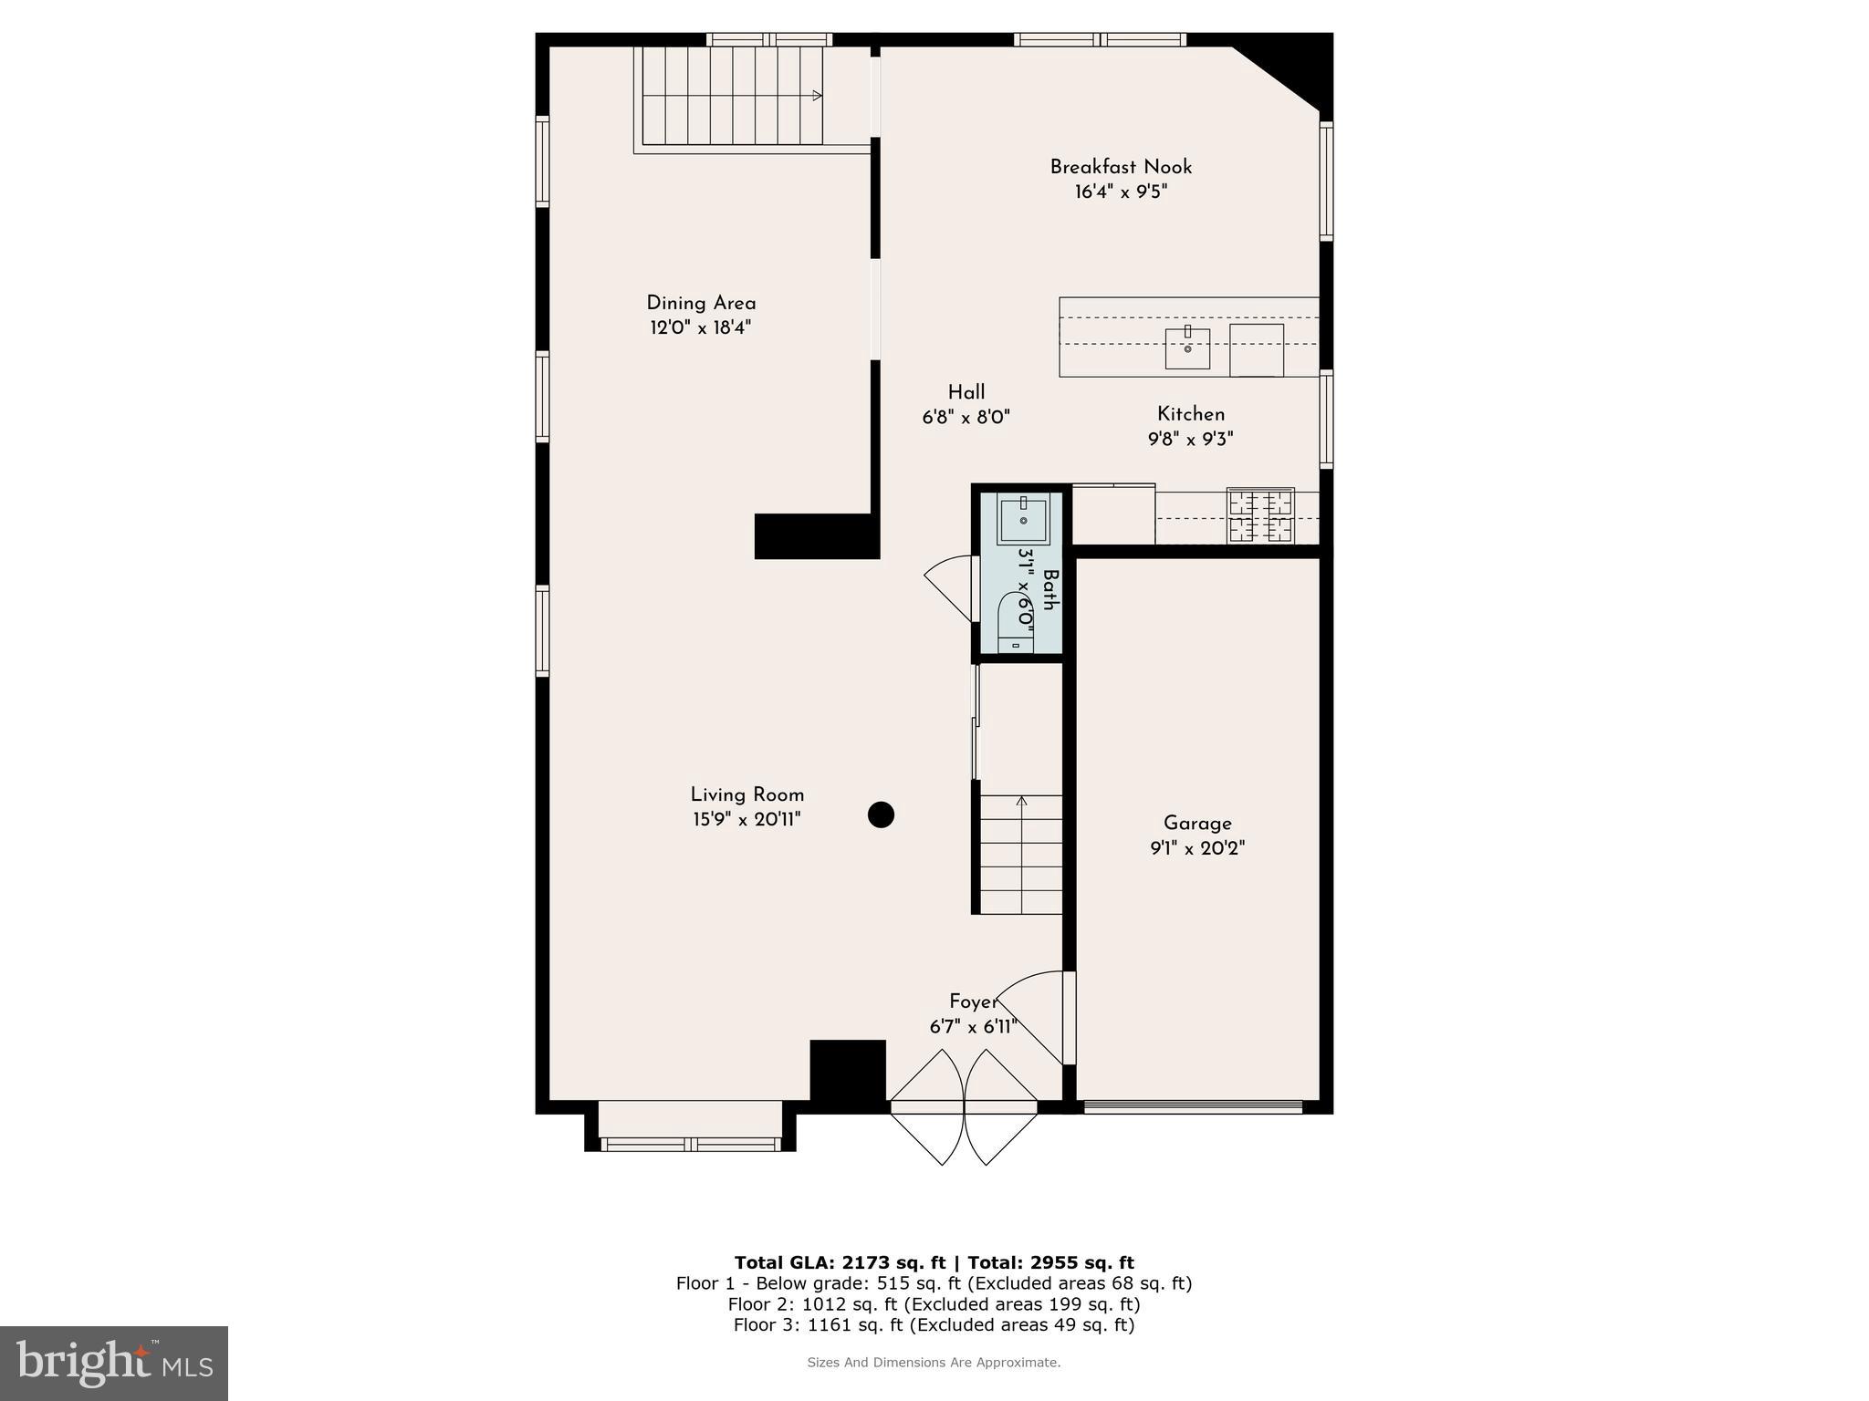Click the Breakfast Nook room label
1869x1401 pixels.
coord(1121,167)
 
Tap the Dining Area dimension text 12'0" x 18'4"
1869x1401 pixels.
coord(700,328)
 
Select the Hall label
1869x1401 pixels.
coord(966,392)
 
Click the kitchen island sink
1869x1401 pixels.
coord(1187,348)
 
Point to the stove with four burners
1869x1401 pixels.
coord(1260,515)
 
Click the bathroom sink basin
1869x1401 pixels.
coord(1023,520)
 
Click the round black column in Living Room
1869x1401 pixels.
coord(881,815)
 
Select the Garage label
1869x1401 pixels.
coord(1197,824)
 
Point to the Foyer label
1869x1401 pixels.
coord(973,1001)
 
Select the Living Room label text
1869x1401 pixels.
coord(747,794)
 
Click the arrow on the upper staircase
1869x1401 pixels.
coord(817,95)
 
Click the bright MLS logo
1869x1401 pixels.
coord(114,1363)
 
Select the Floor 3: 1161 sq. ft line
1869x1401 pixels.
coord(934,1324)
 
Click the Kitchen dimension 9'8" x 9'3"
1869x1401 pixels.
coord(1190,440)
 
